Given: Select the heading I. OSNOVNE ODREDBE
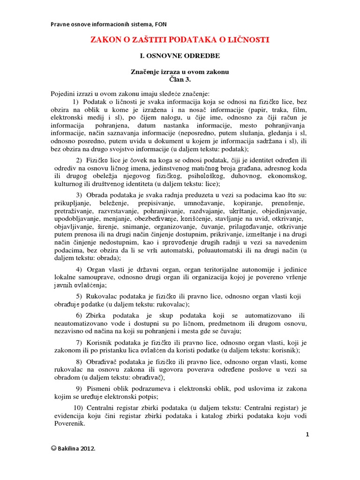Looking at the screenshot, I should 180,56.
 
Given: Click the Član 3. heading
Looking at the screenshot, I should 180,79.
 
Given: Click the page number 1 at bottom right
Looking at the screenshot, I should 307,435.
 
